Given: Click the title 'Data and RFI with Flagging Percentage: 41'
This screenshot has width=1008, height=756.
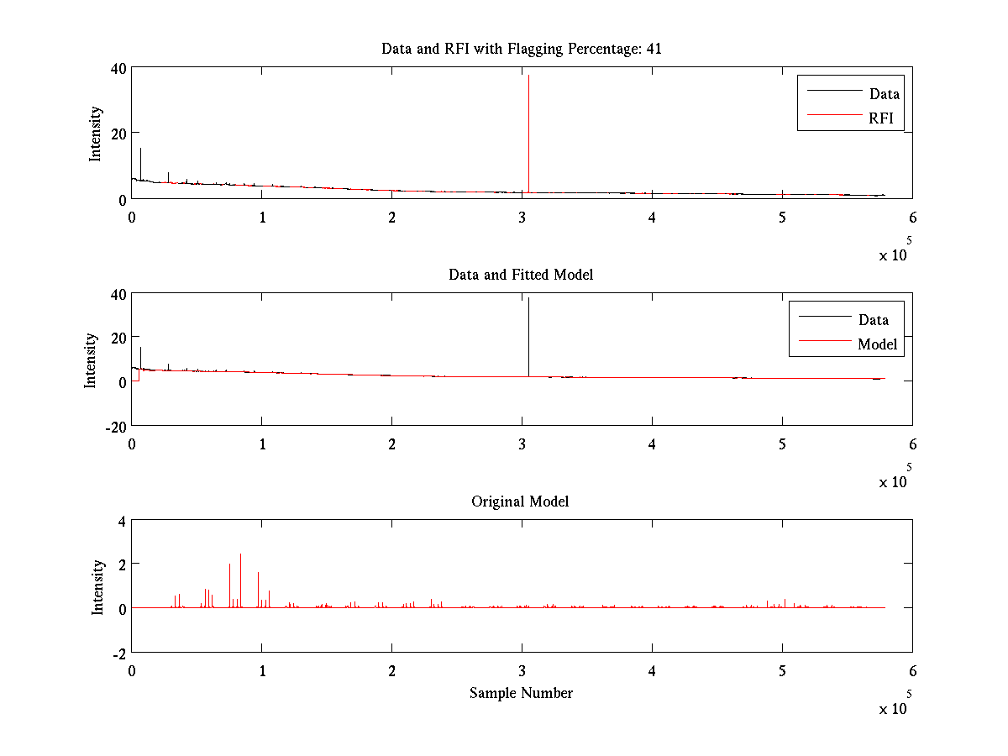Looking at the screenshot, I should [521, 49].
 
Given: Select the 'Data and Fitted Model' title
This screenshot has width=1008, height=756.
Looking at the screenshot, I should [521, 275].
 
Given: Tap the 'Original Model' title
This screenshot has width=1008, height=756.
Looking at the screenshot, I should [520, 501].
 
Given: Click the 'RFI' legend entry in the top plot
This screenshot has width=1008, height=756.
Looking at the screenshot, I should [886, 118].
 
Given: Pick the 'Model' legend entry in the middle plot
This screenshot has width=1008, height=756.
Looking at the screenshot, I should [877, 344].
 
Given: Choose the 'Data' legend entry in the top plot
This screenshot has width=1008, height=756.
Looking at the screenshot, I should [884, 94].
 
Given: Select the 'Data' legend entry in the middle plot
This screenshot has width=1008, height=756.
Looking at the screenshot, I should [873, 320].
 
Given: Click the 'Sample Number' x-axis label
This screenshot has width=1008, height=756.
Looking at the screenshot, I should [521, 693].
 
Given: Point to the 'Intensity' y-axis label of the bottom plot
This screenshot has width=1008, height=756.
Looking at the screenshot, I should [98, 586].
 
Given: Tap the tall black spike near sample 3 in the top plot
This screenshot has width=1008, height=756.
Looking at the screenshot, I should [528, 126].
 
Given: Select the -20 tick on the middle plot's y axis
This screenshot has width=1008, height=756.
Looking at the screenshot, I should [114, 426].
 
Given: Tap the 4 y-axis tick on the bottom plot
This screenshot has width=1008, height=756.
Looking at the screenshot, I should [121, 521].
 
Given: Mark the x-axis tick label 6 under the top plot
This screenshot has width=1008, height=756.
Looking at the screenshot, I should [912, 218].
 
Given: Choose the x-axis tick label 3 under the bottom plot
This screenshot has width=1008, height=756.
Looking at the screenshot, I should [522, 671].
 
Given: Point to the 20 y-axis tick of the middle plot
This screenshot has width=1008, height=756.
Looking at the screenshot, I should [117, 337].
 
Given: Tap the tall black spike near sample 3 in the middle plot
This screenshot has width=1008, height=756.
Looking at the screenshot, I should [528, 336].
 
